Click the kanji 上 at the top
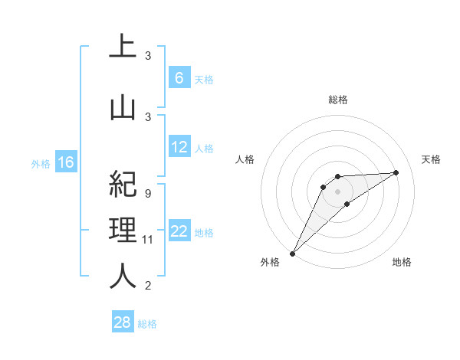123,48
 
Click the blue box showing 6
179,78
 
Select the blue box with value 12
179,147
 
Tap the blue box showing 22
179,231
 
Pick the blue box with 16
66,162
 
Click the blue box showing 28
123,322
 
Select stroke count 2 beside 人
148,286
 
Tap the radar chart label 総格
338,100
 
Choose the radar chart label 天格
431,159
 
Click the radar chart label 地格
402,262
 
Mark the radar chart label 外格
270,262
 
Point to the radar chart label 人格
245,159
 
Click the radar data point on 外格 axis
292,254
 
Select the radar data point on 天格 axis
396,172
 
